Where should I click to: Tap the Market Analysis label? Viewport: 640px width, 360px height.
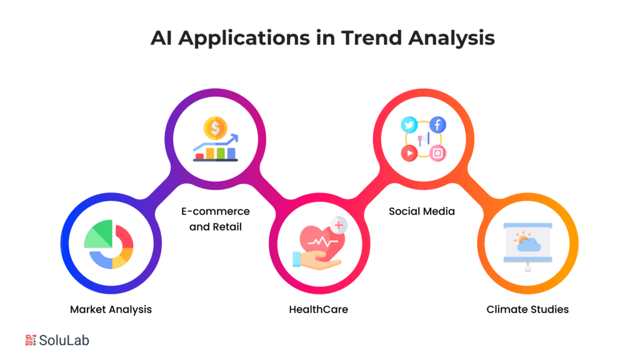point(111,309)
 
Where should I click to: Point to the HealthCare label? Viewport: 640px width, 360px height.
point(318,309)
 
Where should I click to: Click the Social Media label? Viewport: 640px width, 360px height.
point(422,211)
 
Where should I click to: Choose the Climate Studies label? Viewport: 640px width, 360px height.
point(527,309)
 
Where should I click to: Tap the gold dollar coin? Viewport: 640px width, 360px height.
point(216,129)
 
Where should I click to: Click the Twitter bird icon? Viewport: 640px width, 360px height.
point(409,125)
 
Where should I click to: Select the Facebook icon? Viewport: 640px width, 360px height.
point(437,124)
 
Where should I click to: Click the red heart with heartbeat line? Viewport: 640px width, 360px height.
point(319,241)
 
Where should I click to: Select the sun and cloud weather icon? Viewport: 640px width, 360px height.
point(527,241)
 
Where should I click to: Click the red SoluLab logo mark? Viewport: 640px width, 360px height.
point(31,340)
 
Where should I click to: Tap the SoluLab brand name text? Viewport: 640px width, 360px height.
point(64,341)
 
